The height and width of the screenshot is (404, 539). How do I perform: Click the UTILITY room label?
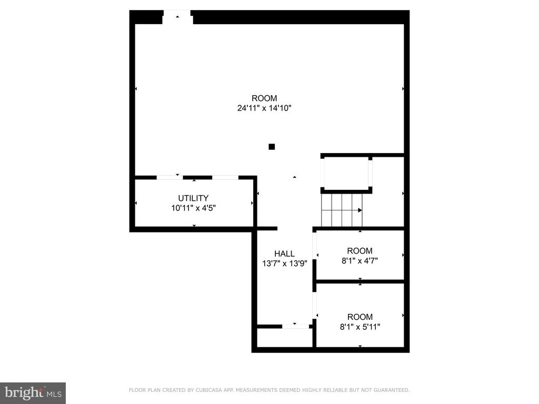(x=193, y=198)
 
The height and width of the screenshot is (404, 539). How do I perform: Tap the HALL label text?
(x=284, y=254)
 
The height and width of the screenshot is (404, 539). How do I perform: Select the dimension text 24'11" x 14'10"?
(x=264, y=108)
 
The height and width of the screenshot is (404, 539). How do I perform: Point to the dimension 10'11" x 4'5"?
(x=193, y=208)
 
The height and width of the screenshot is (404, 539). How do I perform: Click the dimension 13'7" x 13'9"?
(x=284, y=264)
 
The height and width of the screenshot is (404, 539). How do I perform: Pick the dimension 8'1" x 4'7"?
(x=360, y=261)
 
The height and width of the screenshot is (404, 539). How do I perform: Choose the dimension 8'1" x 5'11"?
(x=360, y=327)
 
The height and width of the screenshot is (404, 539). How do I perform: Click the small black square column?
(x=272, y=147)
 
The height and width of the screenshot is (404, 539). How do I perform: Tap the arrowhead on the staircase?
(x=360, y=210)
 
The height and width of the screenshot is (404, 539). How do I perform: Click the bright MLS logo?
(x=33, y=393)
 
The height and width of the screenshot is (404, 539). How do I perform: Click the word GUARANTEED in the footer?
(x=392, y=390)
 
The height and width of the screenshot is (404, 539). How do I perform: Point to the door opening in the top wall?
(x=177, y=17)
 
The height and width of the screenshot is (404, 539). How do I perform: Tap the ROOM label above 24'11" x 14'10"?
(x=264, y=98)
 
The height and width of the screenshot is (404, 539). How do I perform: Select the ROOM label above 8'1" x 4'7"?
(x=360, y=251)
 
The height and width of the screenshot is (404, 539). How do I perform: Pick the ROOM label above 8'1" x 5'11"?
(x=360, y=317)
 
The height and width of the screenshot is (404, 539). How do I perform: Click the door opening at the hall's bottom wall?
(x=295, y=326)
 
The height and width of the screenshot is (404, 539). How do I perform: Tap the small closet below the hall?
(x=285, y=338)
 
